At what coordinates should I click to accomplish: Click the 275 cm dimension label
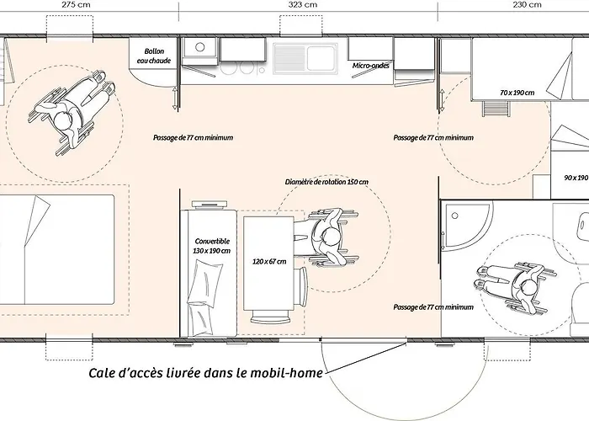point(76,4)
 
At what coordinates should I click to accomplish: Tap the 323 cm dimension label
point(302,4)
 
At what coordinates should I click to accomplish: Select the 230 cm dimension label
point(527,4)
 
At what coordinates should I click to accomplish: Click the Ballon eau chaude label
point(154,56)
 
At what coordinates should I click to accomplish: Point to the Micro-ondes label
point(371,66)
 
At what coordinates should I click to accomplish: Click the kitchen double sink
point(305,58)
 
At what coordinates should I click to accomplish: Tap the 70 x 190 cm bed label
point(517,93)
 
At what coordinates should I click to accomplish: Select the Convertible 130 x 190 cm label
point(212,246)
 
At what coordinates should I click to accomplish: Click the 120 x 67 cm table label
point(269,261)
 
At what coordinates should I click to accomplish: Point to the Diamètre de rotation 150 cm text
point(326,182)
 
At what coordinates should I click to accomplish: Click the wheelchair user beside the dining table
point(326,237)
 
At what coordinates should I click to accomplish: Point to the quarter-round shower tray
point(466,226)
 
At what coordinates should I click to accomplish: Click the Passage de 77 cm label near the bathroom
point(433,307)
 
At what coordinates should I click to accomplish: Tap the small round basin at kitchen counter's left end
point(200,47)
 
